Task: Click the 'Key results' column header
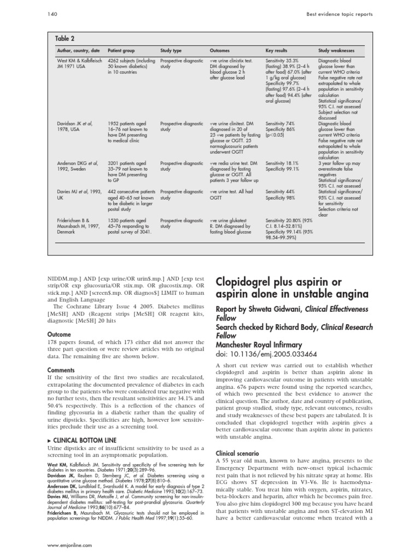coord(277,50)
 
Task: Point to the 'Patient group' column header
coord(122,50)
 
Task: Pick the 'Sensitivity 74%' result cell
coord(280,124)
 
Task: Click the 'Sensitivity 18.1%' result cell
coord(282,163)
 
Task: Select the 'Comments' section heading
coord(61,370)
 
